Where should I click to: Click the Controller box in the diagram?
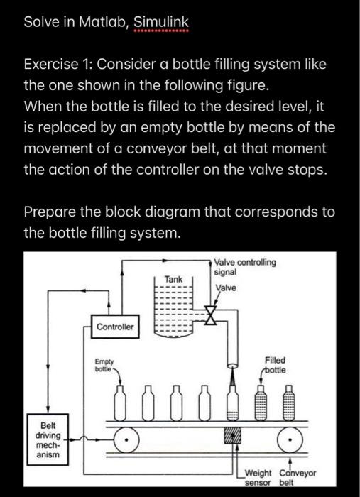[115, 327]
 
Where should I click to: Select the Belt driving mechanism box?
[48, 439]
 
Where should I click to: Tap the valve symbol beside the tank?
[210, 315]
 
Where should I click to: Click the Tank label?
[173, 279]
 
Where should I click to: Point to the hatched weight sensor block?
[233, 435]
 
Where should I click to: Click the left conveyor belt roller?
[126, 439]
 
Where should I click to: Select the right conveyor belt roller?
[290, 439]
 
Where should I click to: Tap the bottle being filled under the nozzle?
[233, 403]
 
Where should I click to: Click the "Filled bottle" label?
[275, 365]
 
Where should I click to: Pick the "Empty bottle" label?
[104, 365]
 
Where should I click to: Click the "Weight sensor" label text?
[258, 478]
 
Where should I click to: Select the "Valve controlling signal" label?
[245, 267]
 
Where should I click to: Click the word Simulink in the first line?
[161, 22]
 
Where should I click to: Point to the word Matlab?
[102, 22]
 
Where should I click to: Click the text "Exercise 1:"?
[58, 65]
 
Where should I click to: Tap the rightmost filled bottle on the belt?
[289, 403]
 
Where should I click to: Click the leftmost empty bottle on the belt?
[120, 403]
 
